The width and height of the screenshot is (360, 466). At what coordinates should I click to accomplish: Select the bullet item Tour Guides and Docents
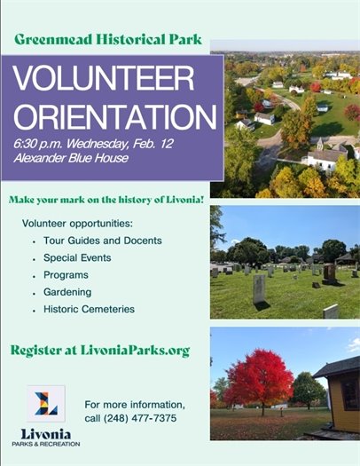(102, 240)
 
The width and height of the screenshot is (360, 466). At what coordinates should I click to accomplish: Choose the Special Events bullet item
(78, 257)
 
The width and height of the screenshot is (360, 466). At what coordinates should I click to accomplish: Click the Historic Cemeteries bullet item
(89, 309)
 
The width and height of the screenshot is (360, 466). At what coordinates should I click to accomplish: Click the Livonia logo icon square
(45, 404)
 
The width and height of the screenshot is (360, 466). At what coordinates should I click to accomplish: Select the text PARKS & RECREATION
(46, 446)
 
